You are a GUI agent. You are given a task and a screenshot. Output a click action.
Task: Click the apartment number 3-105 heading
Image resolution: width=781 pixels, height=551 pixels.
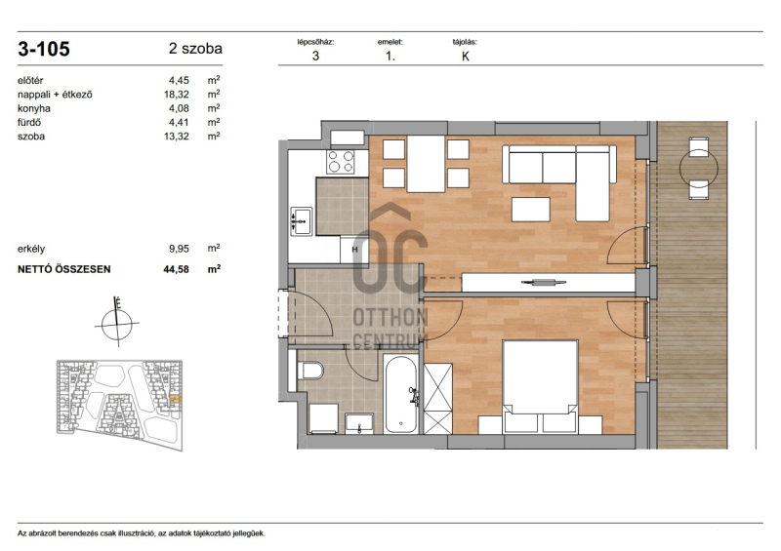44,49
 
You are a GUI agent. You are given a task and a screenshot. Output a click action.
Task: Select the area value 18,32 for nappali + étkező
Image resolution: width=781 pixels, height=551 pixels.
177,95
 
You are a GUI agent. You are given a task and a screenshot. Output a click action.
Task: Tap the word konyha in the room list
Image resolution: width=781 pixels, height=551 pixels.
34,108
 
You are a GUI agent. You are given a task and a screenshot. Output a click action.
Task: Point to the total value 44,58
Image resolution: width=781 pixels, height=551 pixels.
177,269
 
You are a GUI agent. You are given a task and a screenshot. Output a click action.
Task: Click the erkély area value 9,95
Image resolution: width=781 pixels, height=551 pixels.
179,249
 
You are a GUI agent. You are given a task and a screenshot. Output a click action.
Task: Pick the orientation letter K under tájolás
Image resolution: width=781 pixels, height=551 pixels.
466,57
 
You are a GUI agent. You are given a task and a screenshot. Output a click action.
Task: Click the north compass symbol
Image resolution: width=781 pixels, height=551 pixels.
117,322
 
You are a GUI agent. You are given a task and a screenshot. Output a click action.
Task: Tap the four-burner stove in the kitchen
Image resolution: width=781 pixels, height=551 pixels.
340,161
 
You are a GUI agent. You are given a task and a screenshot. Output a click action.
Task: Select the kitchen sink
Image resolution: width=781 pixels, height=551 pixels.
301,221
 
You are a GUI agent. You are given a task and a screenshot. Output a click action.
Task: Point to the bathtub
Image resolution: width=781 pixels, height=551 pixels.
400,394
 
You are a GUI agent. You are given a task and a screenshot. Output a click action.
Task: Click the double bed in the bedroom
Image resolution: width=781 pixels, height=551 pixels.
541,386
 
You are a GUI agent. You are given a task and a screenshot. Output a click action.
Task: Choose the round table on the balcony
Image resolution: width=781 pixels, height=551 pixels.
699,169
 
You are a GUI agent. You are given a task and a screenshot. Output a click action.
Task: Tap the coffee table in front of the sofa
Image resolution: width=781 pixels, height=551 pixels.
531,209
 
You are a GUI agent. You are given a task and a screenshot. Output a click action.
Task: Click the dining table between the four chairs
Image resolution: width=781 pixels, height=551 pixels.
426,164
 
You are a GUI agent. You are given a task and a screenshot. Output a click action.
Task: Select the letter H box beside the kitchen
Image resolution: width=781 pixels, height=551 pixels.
354,250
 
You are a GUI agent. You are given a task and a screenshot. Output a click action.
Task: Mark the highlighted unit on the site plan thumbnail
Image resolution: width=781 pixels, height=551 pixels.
176,399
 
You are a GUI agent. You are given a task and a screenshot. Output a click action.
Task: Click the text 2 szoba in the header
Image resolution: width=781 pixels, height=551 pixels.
195,49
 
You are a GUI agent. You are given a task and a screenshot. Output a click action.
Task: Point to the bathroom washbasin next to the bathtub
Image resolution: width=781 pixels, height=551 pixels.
359,423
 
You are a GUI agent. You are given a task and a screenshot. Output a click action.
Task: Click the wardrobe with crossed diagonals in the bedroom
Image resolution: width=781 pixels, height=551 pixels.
437,399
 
